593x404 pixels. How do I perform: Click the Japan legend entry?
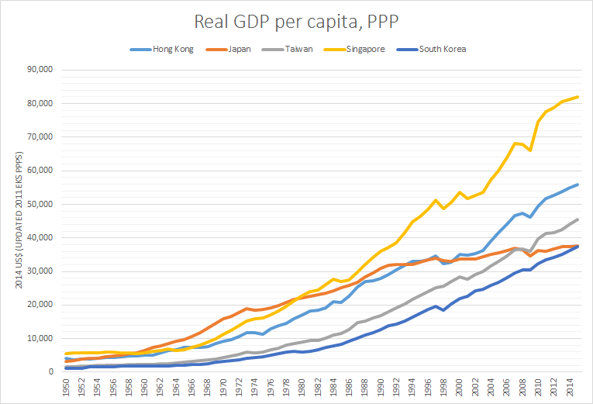(239, 49)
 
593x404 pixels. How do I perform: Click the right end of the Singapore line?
(577, 97)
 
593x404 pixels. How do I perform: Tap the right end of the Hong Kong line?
(577, 185)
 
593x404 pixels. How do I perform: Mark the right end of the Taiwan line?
(577, 219)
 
